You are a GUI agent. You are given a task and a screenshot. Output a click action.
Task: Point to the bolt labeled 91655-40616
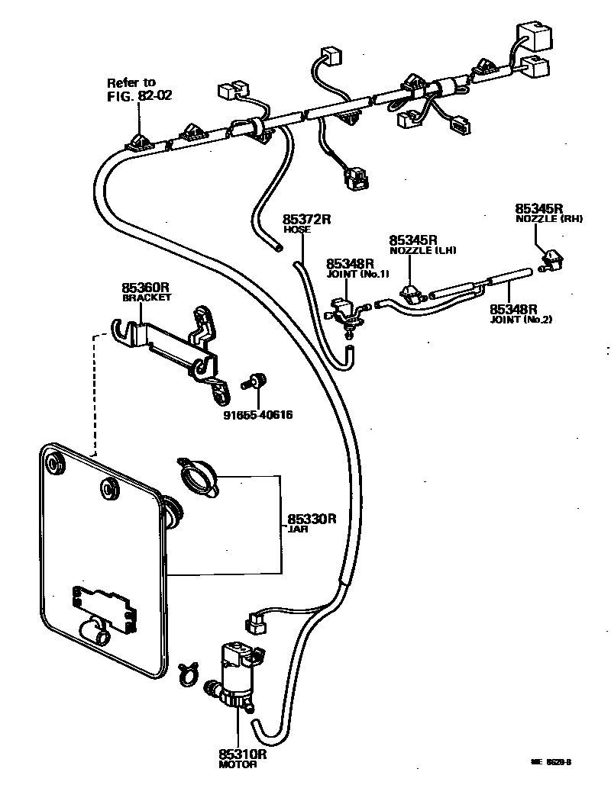[256, 380]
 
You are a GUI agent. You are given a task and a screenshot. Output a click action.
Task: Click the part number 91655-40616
[259, 414]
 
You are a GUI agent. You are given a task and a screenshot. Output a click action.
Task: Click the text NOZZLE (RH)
[550, 219]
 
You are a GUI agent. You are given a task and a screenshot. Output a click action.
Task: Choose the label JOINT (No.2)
[521, 320]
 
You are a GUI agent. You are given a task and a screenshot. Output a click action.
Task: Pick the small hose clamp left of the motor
[187, 671]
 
